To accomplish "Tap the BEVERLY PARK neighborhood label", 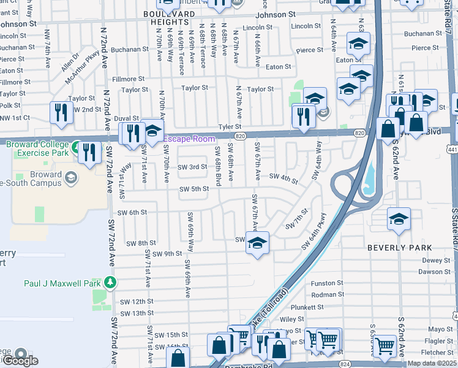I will coord(399,248).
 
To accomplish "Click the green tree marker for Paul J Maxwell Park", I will coord(110,282).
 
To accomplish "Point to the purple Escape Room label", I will coord(189,139).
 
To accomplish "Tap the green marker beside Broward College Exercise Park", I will coord(75,148).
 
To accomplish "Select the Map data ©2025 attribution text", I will coord(432,363).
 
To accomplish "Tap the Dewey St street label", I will coord(436,260).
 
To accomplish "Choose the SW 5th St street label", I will coord(194,189).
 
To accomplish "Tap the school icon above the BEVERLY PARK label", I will coord(399,219).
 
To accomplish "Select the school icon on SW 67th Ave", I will coord(258,242).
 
